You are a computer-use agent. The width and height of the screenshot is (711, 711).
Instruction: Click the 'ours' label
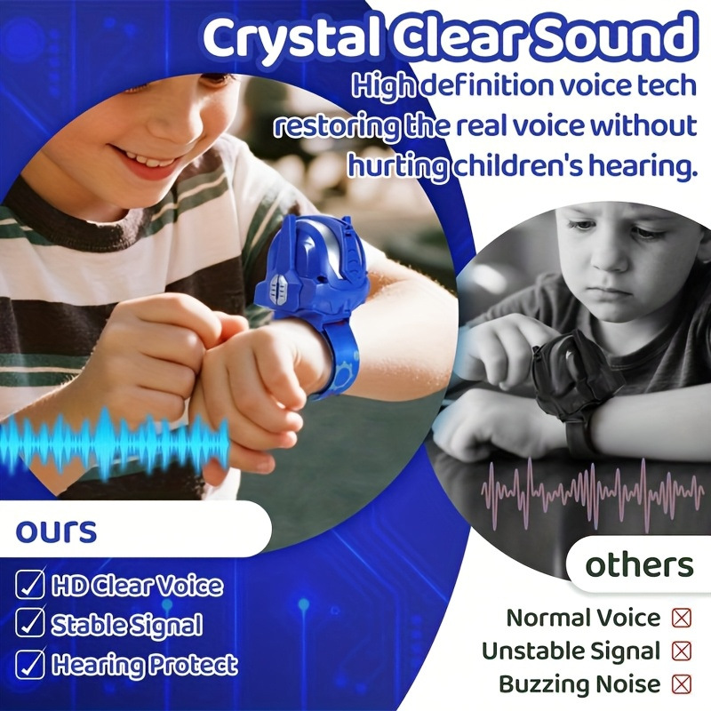[x=56, y=531]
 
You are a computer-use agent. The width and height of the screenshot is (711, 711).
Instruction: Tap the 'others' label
[x=639, y=565]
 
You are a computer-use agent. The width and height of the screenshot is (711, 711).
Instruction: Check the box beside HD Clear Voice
[x=31, y=586]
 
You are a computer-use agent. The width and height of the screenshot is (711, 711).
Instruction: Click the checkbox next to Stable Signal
[x=31, y=625]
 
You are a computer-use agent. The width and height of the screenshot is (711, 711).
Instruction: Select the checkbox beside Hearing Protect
[x=31, y=664]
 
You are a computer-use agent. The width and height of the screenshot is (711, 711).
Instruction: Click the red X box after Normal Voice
[x=682, y=618]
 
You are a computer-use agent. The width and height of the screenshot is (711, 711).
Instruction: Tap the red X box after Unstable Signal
[x=682, y=651]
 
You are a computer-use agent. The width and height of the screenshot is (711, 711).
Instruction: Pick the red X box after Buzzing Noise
[x=682, y=684]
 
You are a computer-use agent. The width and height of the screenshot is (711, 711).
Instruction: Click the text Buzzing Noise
[x=579, y=684]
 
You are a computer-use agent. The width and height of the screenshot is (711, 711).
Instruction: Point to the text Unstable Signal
[x=571, y=651]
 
